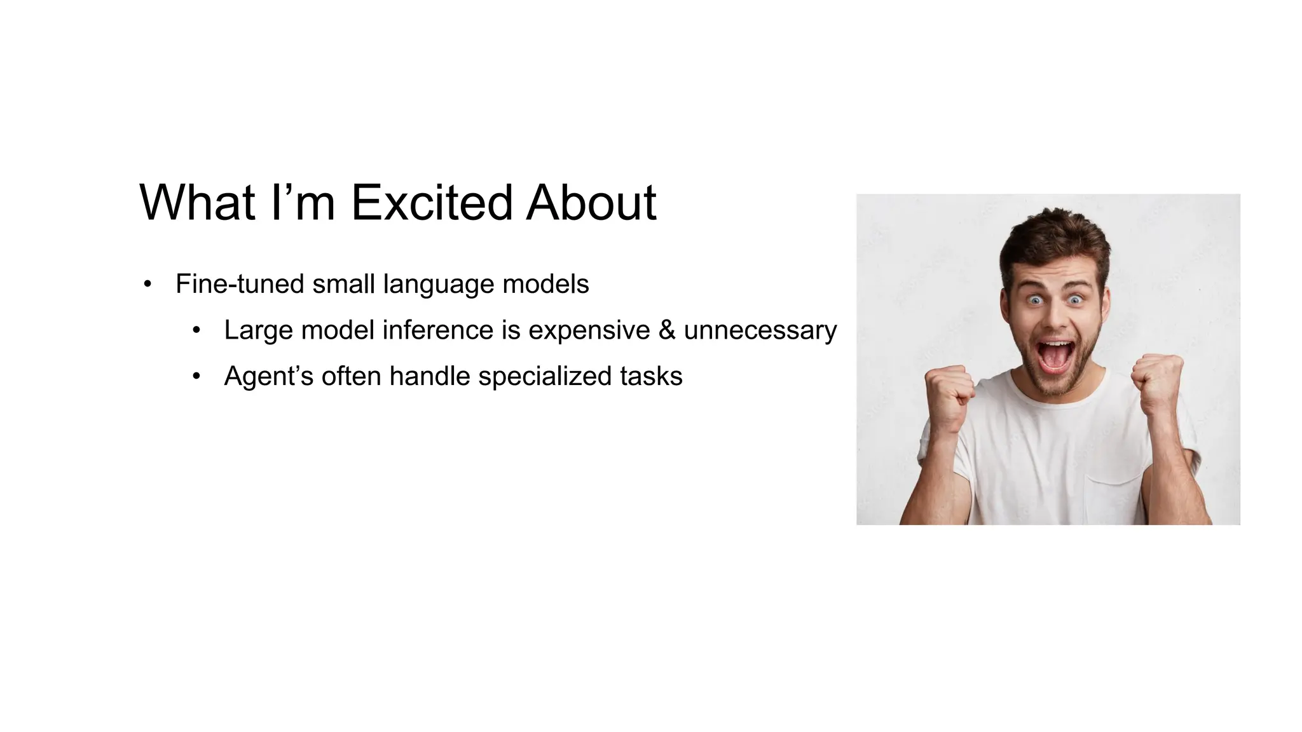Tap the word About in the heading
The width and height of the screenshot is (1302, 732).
(591, 203)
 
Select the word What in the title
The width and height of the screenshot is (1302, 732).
(198, 203)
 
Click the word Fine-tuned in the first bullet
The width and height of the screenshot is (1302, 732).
(240, 284)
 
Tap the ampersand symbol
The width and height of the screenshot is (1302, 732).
(666, 330)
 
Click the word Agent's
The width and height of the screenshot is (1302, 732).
(268, 377)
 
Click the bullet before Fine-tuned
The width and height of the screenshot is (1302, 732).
(147, 285)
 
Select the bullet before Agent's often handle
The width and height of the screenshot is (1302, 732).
(196, 377)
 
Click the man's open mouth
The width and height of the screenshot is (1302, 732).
(1055, 356)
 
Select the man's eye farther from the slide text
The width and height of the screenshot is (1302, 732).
(1075, 299)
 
